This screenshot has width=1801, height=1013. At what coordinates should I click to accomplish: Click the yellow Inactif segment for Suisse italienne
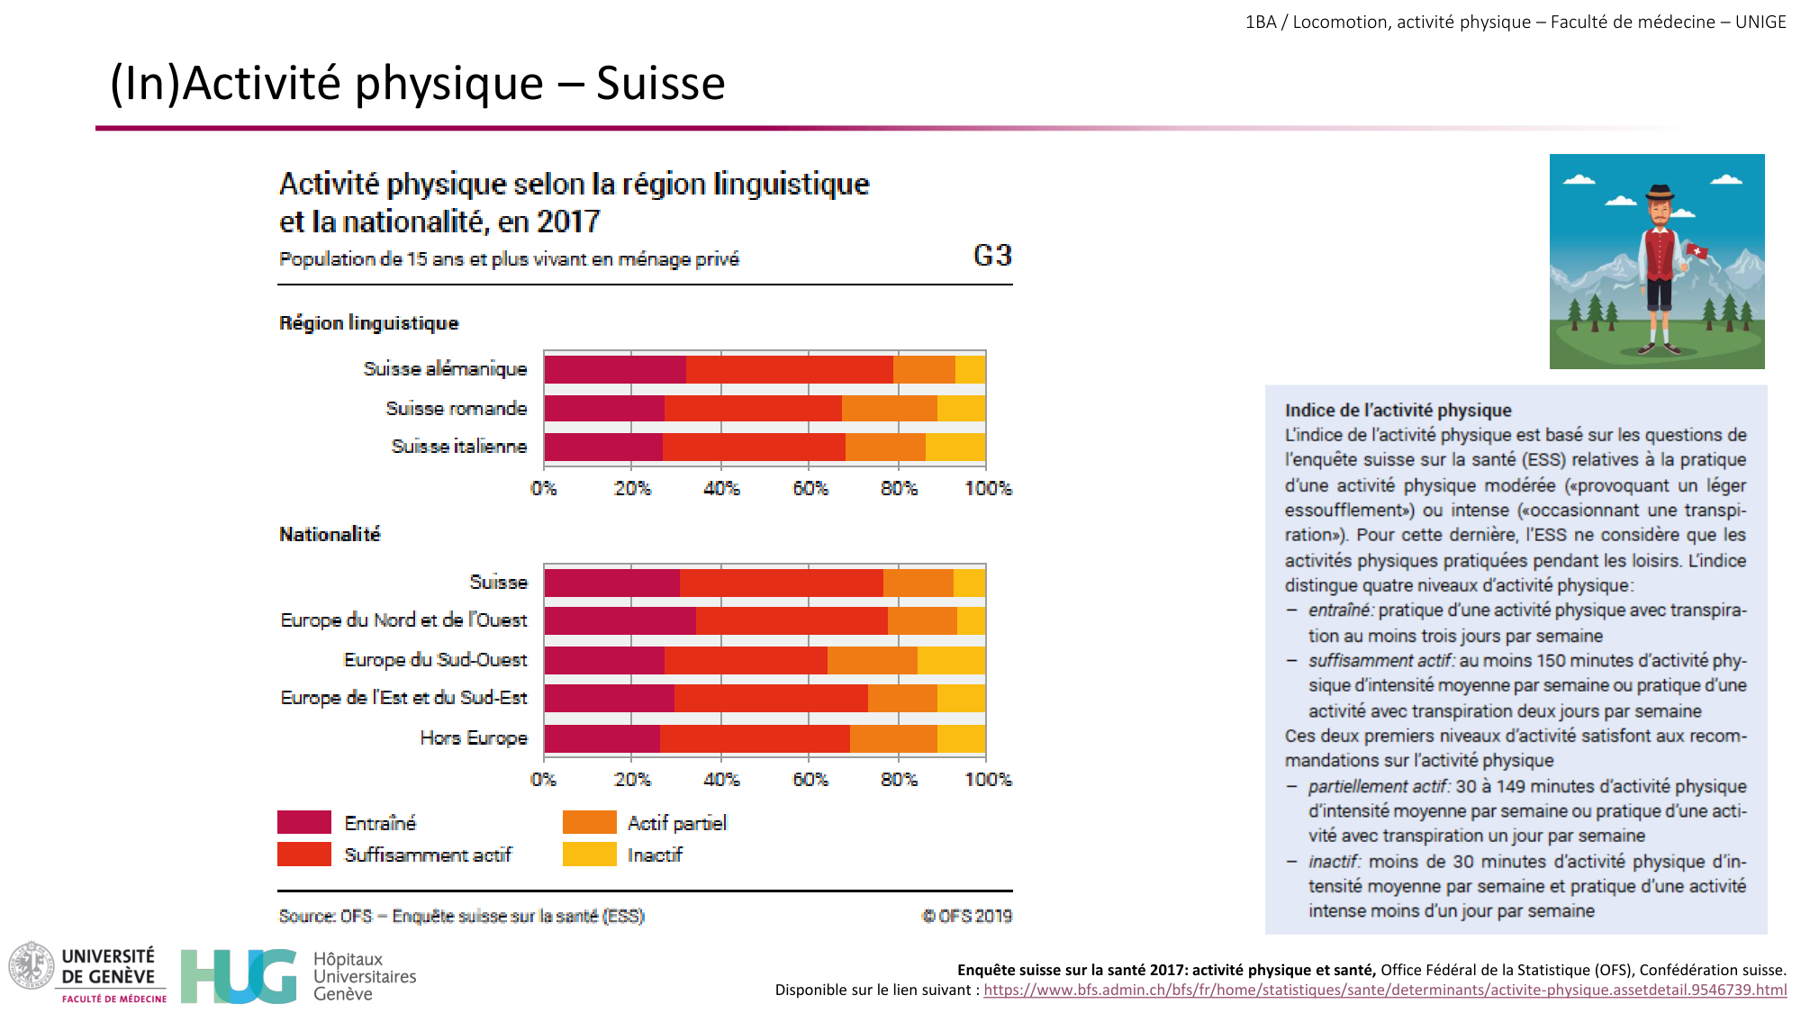pos(955,447)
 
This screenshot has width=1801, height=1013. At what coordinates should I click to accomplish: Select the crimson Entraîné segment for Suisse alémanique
pos(614,369)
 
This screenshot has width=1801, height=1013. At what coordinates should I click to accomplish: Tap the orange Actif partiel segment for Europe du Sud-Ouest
pos(872,660)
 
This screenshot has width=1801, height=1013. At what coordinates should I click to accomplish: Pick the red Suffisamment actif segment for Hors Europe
pos(755,738)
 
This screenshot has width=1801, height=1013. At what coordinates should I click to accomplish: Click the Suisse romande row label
pos(456,409)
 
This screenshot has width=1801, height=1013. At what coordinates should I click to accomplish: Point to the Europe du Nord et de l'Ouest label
pos(403,620)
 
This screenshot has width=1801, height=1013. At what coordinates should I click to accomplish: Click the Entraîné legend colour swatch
pos(304,822)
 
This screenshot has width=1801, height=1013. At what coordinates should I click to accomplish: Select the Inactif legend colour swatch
pos(589,854)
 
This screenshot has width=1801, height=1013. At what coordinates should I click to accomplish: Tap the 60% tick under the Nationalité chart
pos(810,780)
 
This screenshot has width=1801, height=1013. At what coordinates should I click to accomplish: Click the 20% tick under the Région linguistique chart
pos(632,489)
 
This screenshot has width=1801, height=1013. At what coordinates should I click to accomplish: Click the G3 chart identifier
pos(992,256)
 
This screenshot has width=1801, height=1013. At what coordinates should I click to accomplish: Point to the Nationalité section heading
pos(330,535)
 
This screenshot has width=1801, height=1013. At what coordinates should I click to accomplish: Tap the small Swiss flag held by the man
pos(1697,251)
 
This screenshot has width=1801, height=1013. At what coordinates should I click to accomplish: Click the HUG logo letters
pos(239,976)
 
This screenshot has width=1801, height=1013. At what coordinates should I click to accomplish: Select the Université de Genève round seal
pos(32,965)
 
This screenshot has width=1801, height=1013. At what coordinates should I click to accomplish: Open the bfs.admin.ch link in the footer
pos(1384,990)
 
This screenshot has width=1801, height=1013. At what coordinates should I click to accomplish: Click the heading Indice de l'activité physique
pos(1398,411)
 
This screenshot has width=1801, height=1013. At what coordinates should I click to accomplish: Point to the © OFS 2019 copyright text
pos(966,916)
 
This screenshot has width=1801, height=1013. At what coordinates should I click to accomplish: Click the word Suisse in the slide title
pos(660,84)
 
